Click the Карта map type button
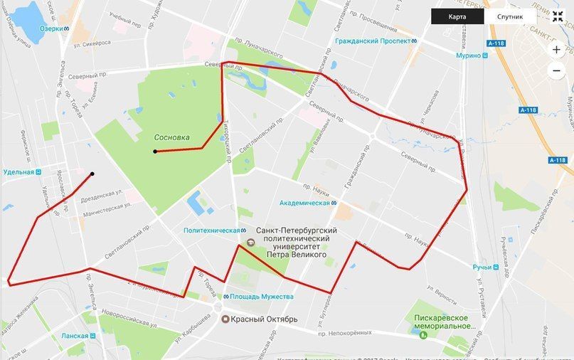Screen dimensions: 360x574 click(457, 16)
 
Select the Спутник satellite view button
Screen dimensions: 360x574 click(510, 16)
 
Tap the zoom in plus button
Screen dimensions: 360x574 click(557, 50)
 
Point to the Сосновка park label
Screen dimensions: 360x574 click(171, 137)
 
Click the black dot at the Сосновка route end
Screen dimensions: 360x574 click(154, 152)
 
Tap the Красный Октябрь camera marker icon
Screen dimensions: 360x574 click(225, 319)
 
